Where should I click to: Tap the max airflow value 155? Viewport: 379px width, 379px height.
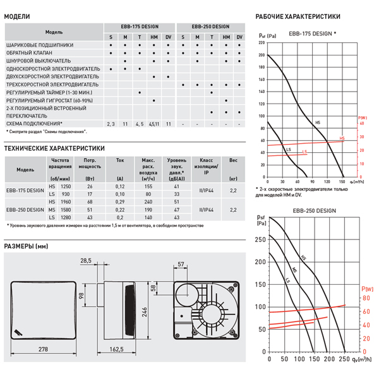point(148,187)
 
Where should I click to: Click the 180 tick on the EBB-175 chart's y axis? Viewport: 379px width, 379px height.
point(262,68)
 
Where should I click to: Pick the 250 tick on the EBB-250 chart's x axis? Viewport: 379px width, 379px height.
point(344,359)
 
